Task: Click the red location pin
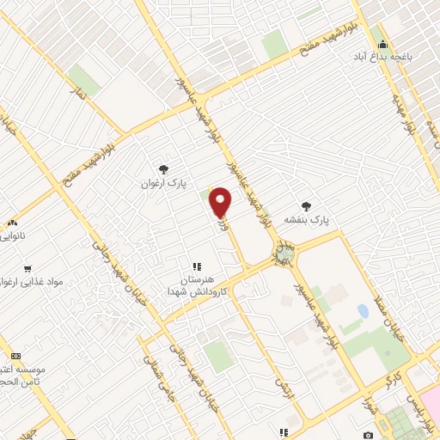point(221,202)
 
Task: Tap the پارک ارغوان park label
point(163,183)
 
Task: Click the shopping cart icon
point(27,268)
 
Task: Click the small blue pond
point(363,312)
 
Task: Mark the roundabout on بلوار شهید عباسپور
point(282,252)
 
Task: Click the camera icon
point(368,435)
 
